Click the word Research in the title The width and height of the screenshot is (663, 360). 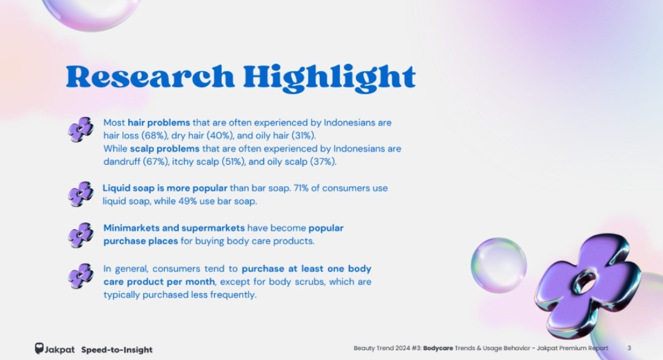click(150, 77)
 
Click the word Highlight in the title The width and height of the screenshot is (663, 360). click(330, 78)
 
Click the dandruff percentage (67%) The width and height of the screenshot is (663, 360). click(155, 162)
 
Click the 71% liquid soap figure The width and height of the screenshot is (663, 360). click(301, 188)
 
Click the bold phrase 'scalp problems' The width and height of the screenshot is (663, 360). click(165, 149)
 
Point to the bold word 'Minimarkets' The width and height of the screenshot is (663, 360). click(131, 228)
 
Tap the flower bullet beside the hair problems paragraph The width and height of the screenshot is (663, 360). click(81, 130)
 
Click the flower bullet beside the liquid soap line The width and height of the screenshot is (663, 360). click(81, 194)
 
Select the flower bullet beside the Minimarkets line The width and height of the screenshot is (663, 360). click(81, 235)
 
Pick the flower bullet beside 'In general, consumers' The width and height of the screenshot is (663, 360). click(81, 276)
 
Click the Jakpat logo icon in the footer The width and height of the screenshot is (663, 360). click(39, 348)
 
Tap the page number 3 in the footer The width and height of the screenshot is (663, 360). click(629, 348)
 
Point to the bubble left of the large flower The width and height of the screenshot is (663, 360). click(499, 265)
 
